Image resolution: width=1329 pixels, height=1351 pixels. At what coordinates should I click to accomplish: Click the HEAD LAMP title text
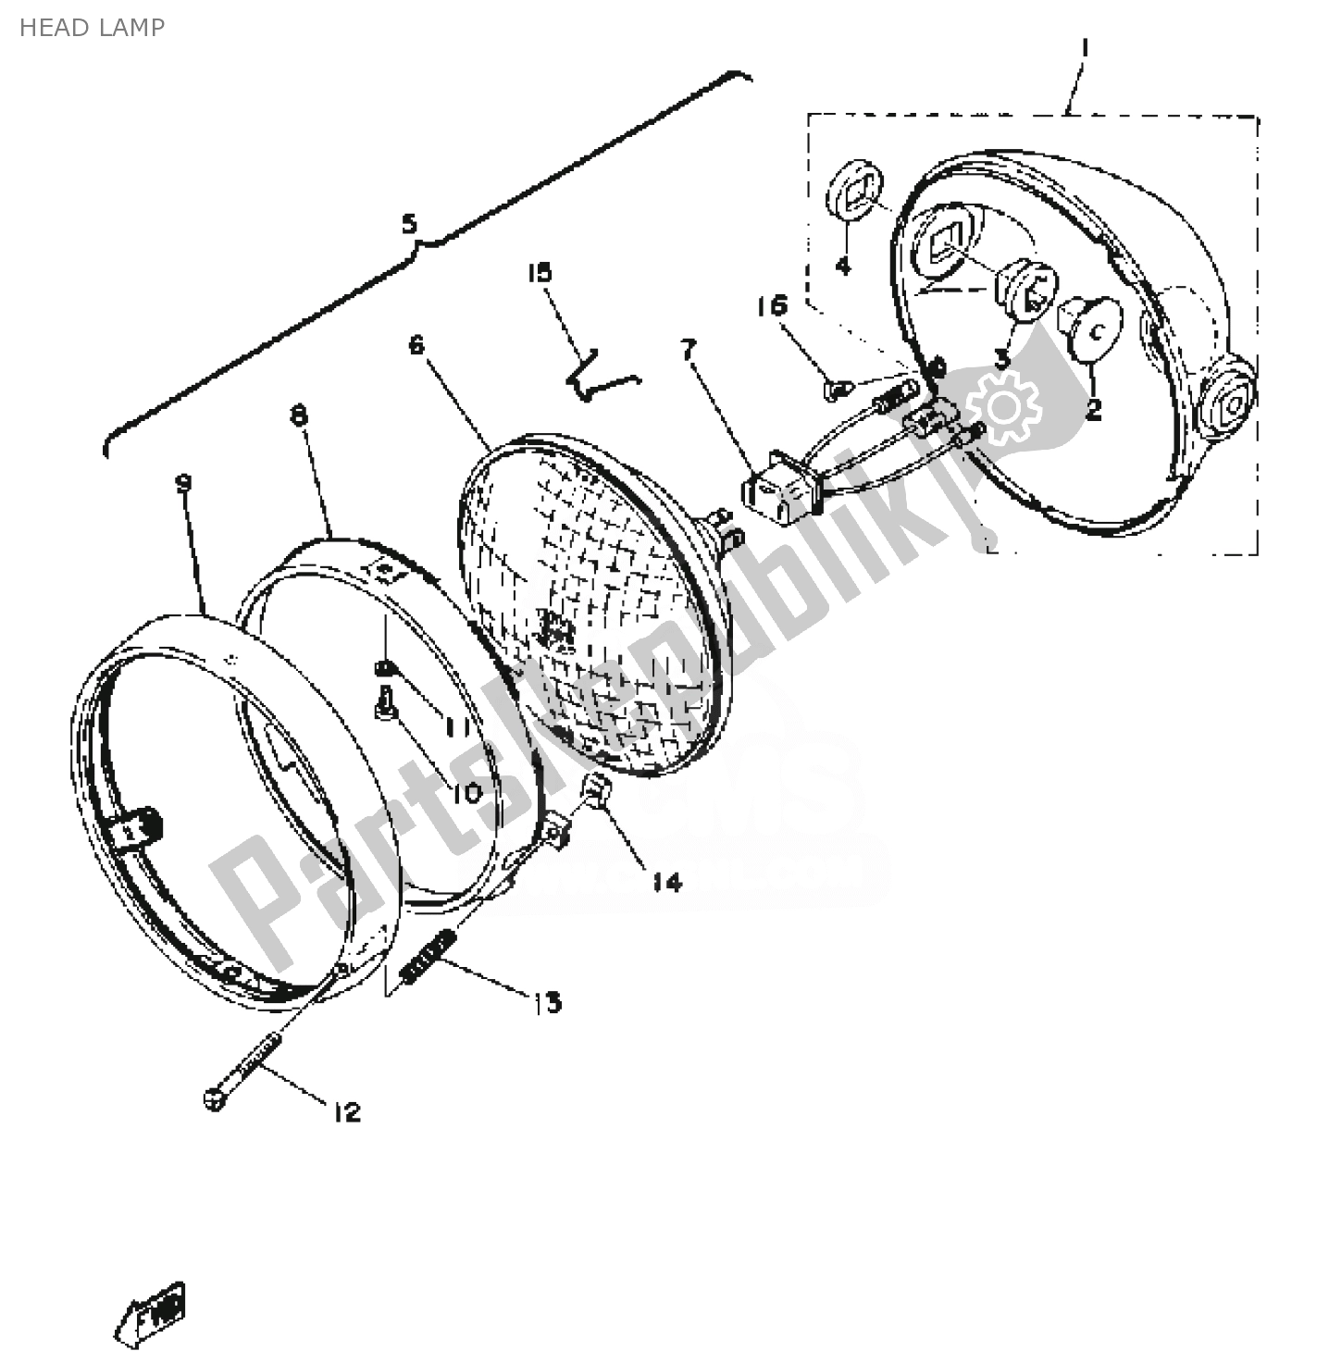[92, 28]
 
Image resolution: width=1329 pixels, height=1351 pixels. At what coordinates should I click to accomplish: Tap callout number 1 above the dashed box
[1086, 47]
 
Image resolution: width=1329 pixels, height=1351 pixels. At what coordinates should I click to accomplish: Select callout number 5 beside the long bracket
[409, 224]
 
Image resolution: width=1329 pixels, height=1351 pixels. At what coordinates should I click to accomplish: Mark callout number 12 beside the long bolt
[346, 1112]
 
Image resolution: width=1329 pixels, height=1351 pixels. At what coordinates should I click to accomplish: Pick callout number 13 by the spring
[547, 1002]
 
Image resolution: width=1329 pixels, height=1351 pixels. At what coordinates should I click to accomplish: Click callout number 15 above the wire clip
[540, 272]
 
